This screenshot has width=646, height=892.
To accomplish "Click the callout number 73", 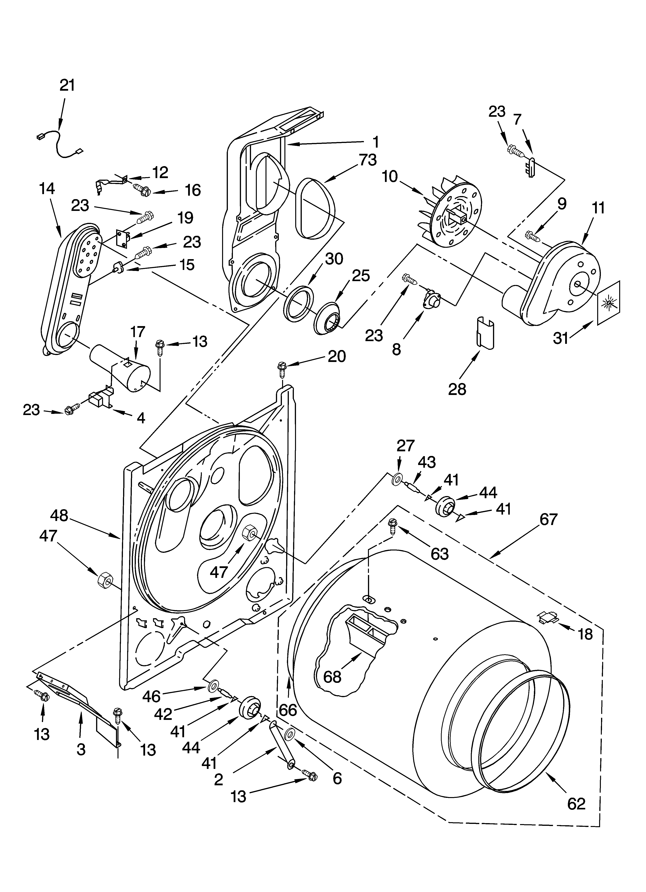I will pyautogui.click(x=368, y=160).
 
